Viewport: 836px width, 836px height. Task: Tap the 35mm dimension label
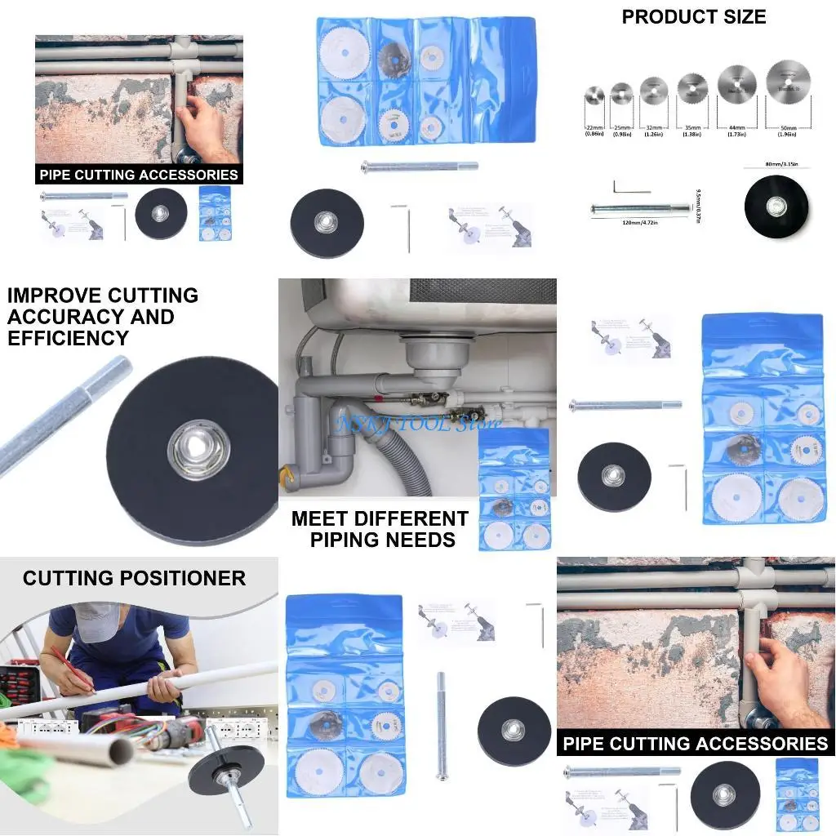[x=692, y=129]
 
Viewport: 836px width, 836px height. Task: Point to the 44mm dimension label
[x=736, y=129]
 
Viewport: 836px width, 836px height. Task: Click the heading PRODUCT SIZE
[x=694, y=17]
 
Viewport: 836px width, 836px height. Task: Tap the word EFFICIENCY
[x=68, y=338]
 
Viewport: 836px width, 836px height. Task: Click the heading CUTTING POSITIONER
[x=134, y=578]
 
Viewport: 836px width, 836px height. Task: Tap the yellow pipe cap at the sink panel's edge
[x=285, y=474]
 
